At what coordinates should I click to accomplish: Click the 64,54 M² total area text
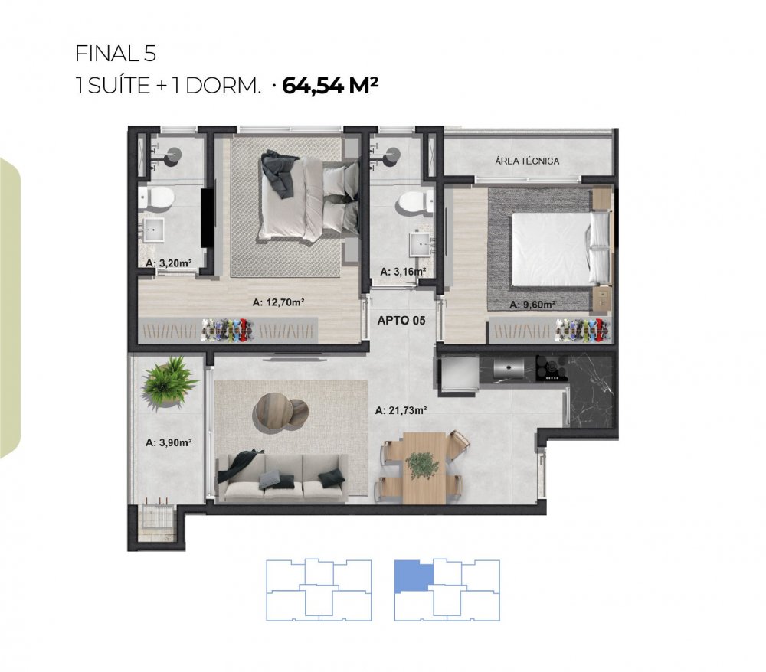330,86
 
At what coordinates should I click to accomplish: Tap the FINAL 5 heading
116,54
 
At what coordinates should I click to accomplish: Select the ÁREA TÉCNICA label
527,161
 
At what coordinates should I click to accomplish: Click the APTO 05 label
401,321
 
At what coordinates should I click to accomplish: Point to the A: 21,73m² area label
401,410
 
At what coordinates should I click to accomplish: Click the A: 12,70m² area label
279,302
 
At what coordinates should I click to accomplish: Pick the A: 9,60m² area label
532,305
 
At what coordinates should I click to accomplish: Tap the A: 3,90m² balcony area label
169,442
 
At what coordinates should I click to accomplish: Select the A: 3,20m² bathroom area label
169,263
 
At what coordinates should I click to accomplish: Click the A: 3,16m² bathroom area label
403,272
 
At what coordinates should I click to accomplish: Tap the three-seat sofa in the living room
283,476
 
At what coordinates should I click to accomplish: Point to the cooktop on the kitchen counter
552,368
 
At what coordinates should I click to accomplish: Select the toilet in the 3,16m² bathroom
414,203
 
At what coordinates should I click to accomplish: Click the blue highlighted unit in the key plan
413,576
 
